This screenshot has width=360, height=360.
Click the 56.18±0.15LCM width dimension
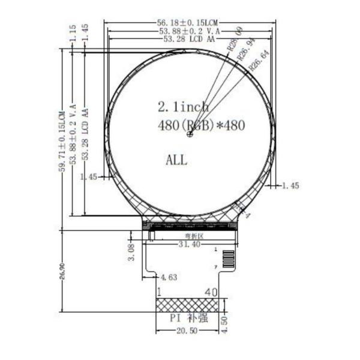coord(187,23)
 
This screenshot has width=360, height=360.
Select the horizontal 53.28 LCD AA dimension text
coord(187,40)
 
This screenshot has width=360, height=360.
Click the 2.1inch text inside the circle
coord(183,107)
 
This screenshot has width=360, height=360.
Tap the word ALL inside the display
coord(176,160)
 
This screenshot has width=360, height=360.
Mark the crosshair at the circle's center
coord(190,134)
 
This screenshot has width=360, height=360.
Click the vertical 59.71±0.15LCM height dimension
coord(62,141)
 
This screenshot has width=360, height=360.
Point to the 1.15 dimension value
coord(73,34)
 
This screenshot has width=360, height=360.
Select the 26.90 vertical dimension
coord(62,271)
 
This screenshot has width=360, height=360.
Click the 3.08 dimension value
coord(133,251)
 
